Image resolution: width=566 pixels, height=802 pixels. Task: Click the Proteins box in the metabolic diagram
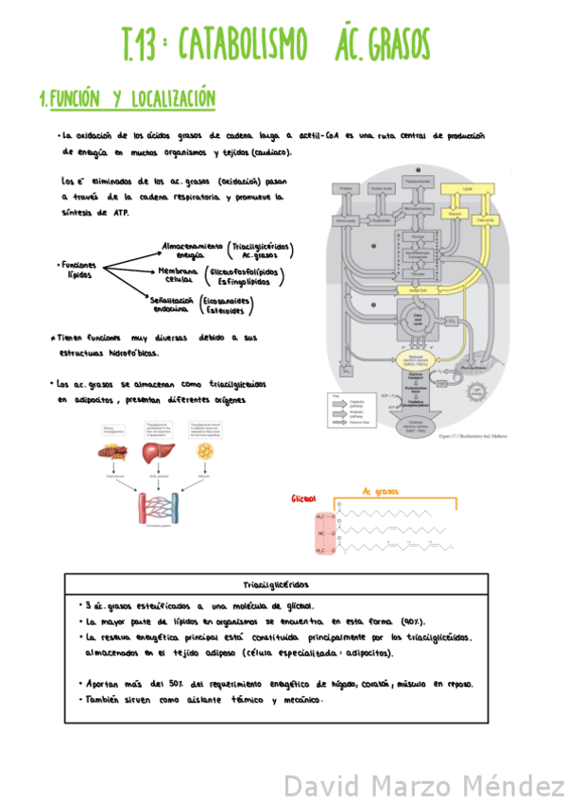pyautogui.click(x=344, y=189)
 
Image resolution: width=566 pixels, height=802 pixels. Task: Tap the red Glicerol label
pyautogui.click(x=303, y=498)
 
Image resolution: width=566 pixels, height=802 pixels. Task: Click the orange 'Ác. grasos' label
pyautogui.click(x=381, y=492)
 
